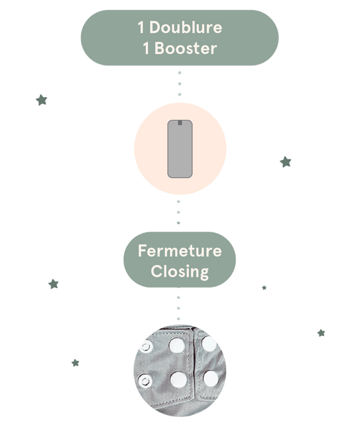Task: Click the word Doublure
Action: click(186, 28)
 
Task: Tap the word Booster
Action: click(186, 48)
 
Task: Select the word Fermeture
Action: click(180, 250)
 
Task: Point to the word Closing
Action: click(180, 272)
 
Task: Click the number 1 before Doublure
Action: click(141, 28)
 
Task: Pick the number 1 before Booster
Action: click(146, 48)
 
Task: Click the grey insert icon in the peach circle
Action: click(180, 149)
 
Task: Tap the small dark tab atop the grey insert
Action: click(180, 123)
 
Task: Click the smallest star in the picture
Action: click(264, 287)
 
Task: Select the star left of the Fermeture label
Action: click(53, 284)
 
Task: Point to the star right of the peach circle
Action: click(286, 162)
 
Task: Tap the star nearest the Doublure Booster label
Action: click(42, 100)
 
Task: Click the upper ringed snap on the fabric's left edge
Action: click(146, 347)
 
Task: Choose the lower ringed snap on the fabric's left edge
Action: click(145, 381)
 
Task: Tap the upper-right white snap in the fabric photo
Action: click(209, 343)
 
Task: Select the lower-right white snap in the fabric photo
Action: click(211, 379)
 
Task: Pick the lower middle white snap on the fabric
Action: click(178, 379)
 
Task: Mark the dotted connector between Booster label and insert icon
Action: click(180, 84)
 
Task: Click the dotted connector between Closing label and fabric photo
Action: click(178, 303)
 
